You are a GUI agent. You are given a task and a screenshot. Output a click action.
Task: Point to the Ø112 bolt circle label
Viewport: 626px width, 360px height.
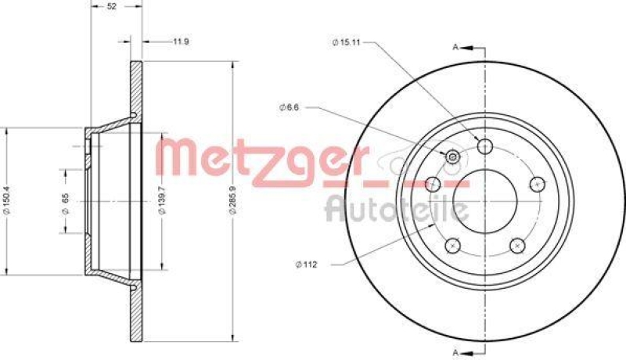click(x=308, y=264)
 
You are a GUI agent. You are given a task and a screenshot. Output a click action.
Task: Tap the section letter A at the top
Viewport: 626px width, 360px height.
click(x=455, y=48)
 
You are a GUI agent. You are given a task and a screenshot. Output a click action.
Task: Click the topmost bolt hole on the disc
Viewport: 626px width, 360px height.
click(x=485, y=146)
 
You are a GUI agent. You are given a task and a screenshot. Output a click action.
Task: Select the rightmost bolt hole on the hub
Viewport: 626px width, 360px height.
click(x=537, y=184)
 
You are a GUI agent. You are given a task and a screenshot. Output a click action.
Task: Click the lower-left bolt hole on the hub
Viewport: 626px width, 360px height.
click(x=452, y=246)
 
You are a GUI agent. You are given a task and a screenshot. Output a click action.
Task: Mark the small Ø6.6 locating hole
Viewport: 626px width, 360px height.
click(x=452, y=157)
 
